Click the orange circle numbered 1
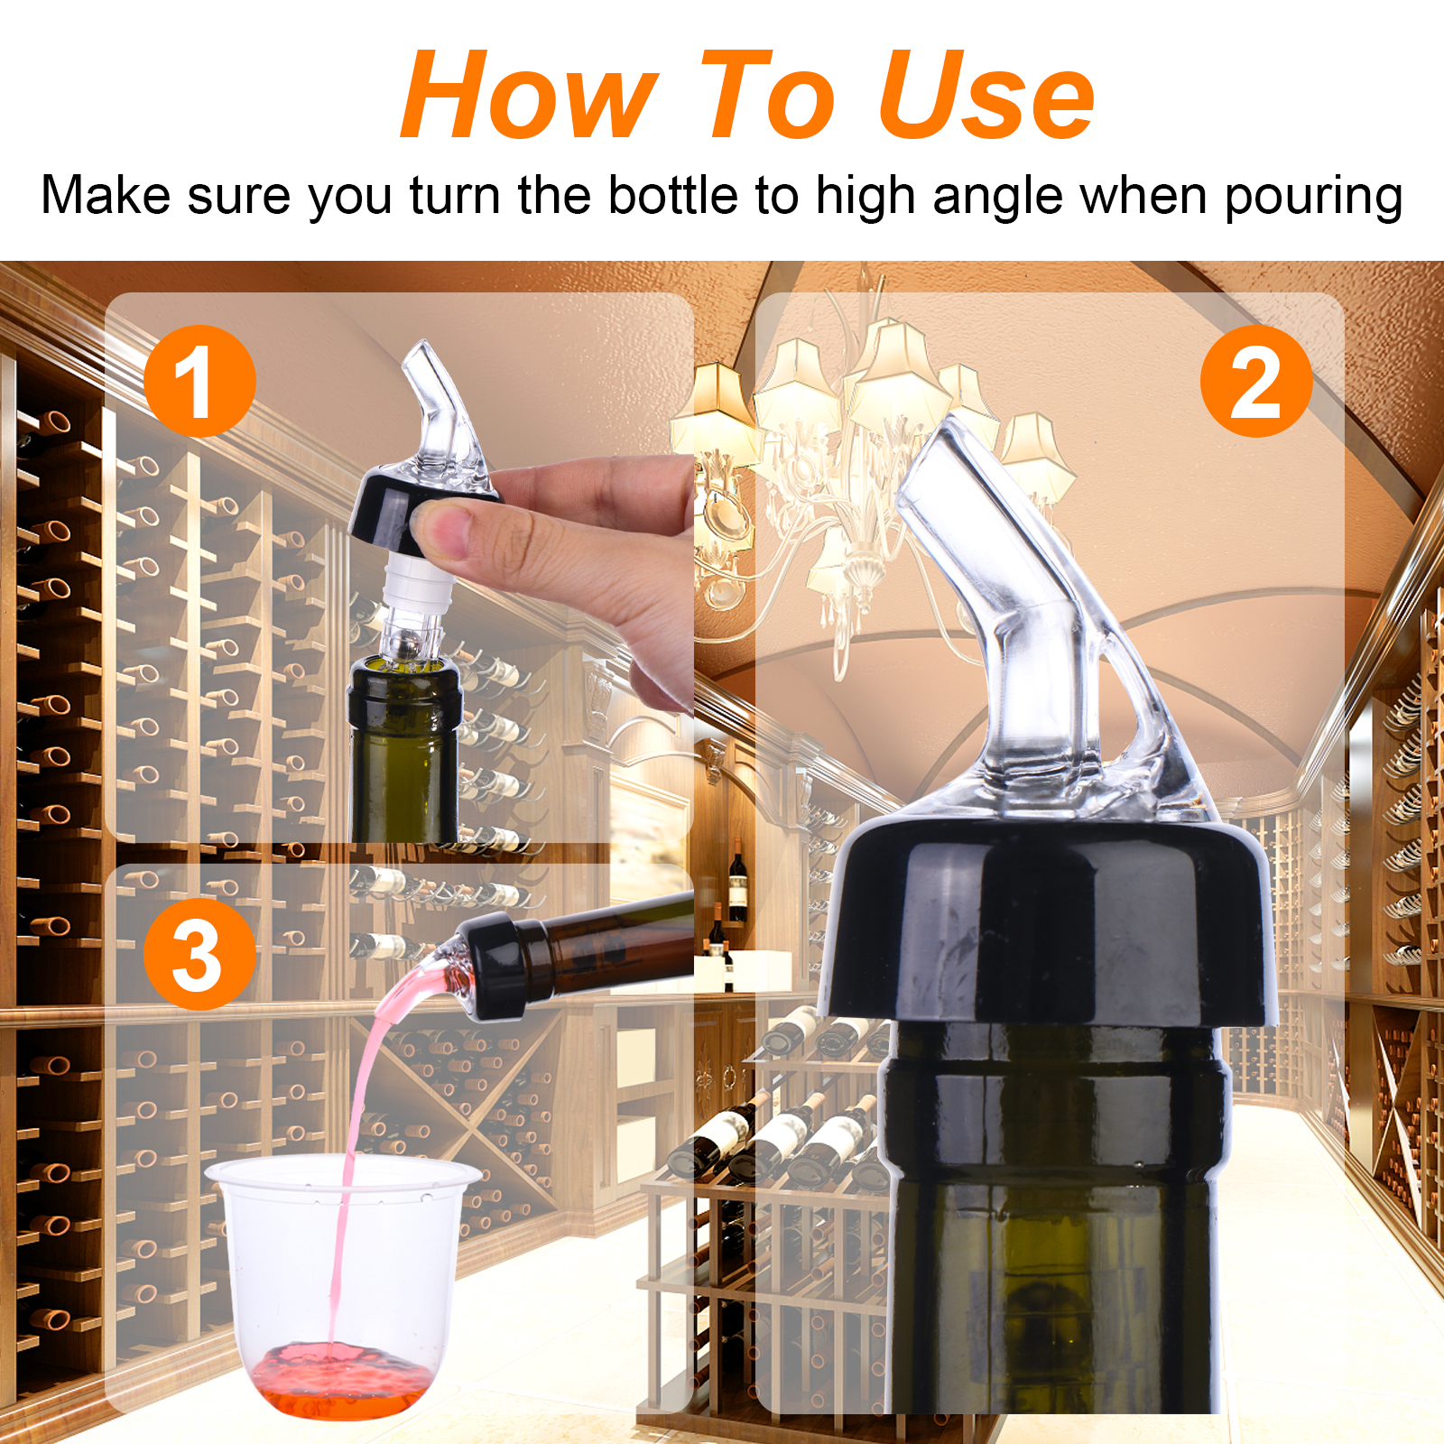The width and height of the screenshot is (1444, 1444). click(199, 382)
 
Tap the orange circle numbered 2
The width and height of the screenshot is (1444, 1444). click(1256, 382)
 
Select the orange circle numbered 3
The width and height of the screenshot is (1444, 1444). click(199, 955)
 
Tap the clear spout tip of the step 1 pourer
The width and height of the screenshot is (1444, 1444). click(418, 353)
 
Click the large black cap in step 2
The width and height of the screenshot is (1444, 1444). click(1047, 921)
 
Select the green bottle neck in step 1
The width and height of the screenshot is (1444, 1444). click(404, 749)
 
